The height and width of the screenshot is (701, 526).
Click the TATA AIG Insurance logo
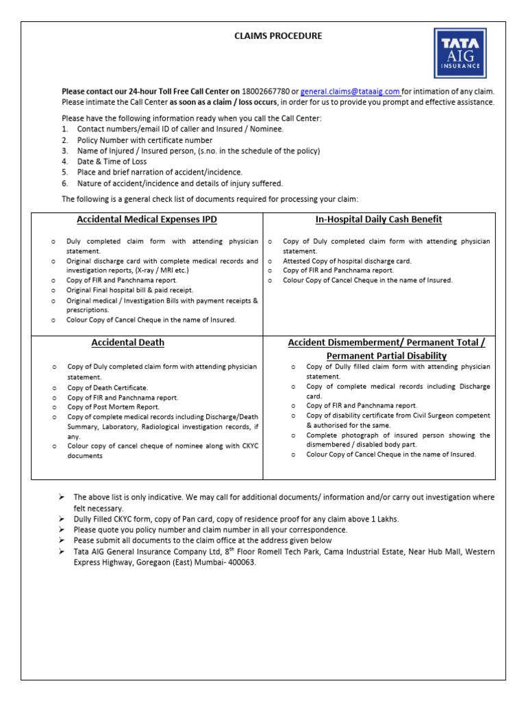[460, 53]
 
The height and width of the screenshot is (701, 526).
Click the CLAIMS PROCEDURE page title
[278, 36]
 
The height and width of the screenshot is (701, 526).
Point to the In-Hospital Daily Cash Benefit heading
[378, 219]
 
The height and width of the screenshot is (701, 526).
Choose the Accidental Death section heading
[128, 342]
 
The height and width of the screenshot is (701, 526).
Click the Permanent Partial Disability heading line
[386, 356]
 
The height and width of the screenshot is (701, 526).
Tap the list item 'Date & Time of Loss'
[112, 162]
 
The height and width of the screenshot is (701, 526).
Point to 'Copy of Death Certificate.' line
[108, 387]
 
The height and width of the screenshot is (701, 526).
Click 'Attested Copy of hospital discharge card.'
[347, 261]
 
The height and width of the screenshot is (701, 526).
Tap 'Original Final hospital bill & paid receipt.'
[130, 290]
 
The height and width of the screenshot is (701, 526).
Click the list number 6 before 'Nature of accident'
[64, 183]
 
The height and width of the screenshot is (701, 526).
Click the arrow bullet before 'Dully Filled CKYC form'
[62, 519]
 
